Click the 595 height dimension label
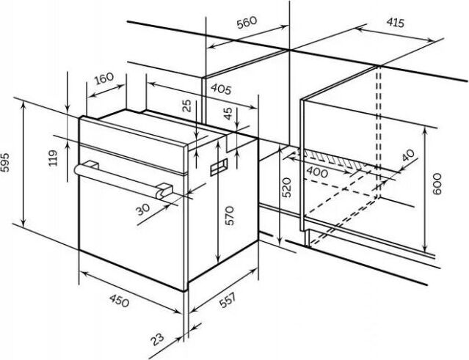[7, 162]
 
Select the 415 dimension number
[395, 23]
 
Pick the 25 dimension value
[187, 106]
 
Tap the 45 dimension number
[228, 114]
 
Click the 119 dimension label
[54, 158]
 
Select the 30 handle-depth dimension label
[143, 209]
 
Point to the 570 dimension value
[230, 216]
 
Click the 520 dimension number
[286, 187]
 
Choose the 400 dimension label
[317, 172]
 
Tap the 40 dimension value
[408, 155]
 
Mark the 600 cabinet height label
[437, 184]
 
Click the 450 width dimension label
[120, 301]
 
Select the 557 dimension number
[228, 301]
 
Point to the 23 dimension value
[157, 339]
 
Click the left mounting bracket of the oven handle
[91, 165]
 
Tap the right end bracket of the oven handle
[164, 191]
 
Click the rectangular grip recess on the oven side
[219, 166]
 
